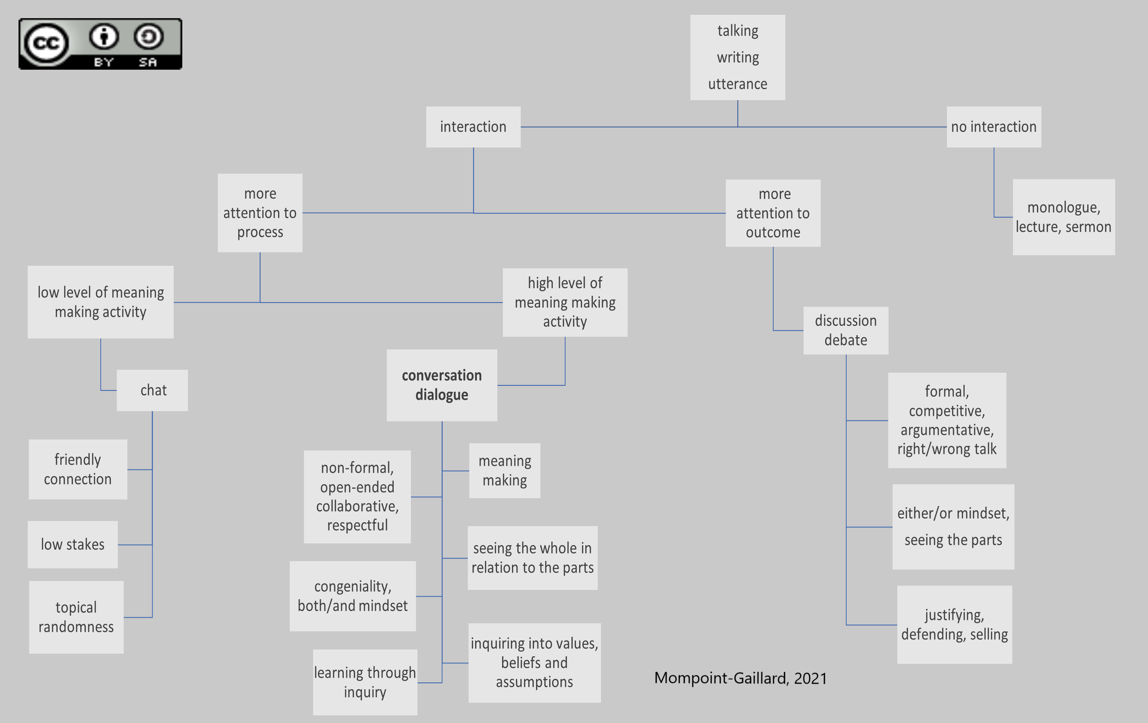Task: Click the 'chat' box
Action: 153,390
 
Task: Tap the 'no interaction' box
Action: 994,127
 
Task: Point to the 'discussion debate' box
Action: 845,330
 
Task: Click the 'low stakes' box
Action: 72,544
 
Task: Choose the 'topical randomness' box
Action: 76,617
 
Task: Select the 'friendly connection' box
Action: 78,469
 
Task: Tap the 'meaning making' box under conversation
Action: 504,471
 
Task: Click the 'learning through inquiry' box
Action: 365,682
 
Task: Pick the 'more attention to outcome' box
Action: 773,213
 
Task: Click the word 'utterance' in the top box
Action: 738,84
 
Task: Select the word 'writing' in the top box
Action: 738,57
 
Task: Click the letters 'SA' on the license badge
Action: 148,62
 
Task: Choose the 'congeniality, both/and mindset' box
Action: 352,596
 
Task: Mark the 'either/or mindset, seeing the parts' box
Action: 953,526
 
